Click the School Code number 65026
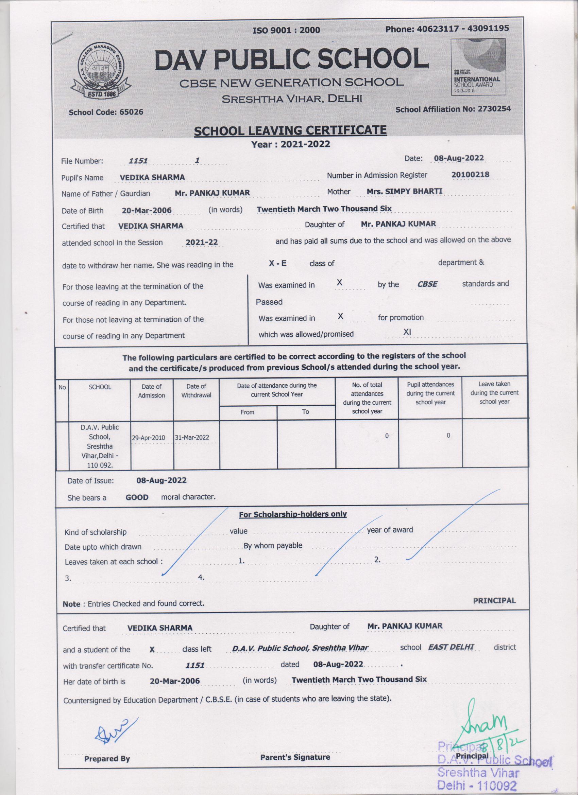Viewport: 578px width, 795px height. (131, 112)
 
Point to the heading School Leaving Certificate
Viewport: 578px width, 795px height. (290, 131)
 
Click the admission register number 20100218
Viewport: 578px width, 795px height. (470, 175)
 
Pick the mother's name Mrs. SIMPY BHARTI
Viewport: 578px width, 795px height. (404, 191)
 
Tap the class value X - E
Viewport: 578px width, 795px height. (277, 263)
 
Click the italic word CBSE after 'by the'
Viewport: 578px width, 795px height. (427, 284)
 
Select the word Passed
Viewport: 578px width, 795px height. (269, 302)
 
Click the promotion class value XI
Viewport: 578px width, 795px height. (407, 332)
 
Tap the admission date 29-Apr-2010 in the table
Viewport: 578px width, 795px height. (152, 438)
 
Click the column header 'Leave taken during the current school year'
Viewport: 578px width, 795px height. (494, 393)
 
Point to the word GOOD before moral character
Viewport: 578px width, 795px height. (137, 497)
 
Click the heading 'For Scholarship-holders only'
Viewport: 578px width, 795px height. (292, 514)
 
